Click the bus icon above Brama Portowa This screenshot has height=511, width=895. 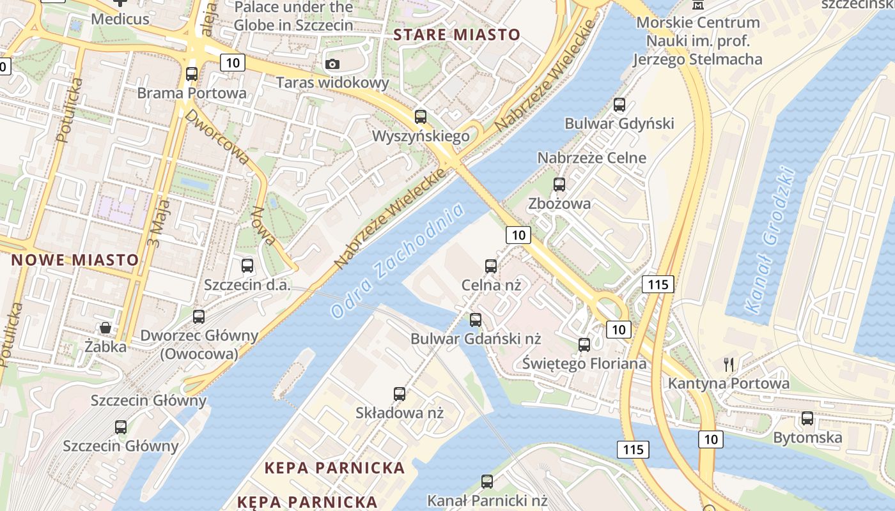[x=191, y=73]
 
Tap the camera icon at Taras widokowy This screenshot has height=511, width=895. [x=332, y=64]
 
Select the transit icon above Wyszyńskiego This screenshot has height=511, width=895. [x=420, y=117]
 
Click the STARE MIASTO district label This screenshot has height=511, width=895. [x=457, y=34]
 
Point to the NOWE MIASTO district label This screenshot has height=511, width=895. [x=75, y=260]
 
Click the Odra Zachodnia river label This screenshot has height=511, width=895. [x=397, y=261]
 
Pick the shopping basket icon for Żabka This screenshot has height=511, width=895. [x=105, y=328]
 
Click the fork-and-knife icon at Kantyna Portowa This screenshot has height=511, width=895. [x=729, y=365]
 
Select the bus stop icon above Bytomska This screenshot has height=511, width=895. [x=807, y=418]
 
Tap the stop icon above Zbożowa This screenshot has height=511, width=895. [x=559, y=185]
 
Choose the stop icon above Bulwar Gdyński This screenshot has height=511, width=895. [x=619, y=105]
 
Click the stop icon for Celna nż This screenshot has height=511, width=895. [x=491, y=266]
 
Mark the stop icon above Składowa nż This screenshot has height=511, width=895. [x=400, y=394]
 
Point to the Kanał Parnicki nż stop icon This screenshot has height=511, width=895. [x=487, y=482]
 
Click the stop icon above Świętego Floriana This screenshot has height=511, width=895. [x=584, y=345]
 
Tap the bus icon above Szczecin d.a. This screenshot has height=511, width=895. [x=247, y=265]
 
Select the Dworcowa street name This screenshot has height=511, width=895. [x=217, y=137]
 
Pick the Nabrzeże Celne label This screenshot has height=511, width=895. [x=591, y=158]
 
